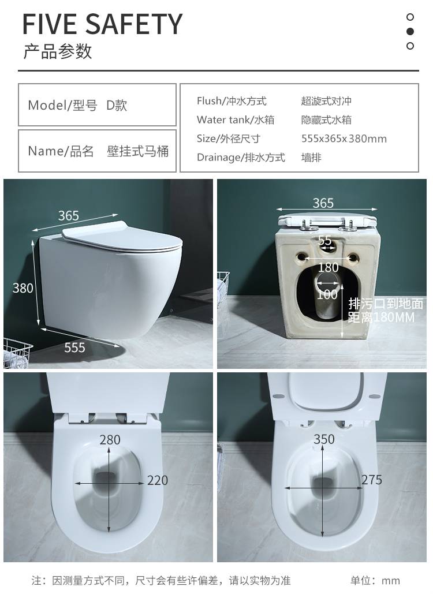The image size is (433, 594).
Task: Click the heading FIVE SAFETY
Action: [x=102, y=24]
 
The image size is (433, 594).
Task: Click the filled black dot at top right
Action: [x=410, y=31]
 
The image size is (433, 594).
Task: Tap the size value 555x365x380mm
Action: [x=344, y=139]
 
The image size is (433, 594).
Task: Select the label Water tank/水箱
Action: [x=235, y=119]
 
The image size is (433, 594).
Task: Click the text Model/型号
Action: [x=62, y=105]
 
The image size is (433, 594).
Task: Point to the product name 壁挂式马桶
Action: [x=137, y=151]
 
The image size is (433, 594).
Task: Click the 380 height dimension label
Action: [x=23, y=288]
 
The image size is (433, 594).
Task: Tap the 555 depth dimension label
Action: [x=74, y=348]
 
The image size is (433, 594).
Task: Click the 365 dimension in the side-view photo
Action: [x=69, y=215]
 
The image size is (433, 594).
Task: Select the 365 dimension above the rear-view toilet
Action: [x=323, y=203]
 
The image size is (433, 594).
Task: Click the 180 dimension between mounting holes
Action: [x=328, y=267]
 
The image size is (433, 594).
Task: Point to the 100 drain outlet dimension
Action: [x=327, y=294]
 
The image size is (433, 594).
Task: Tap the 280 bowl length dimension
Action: [x=110, y=439]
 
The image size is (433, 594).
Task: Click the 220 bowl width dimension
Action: [x=158, y=480]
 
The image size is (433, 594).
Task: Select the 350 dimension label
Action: [x=324, y=439]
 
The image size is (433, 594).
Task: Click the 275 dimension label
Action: [x=372, y=480]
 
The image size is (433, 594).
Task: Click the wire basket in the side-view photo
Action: [x=17, y=353]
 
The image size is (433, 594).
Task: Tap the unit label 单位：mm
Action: [x=375, y=580]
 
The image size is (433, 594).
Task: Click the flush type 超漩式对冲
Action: [x=326, y=101]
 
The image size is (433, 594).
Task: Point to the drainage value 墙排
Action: [x=311, y=157]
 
